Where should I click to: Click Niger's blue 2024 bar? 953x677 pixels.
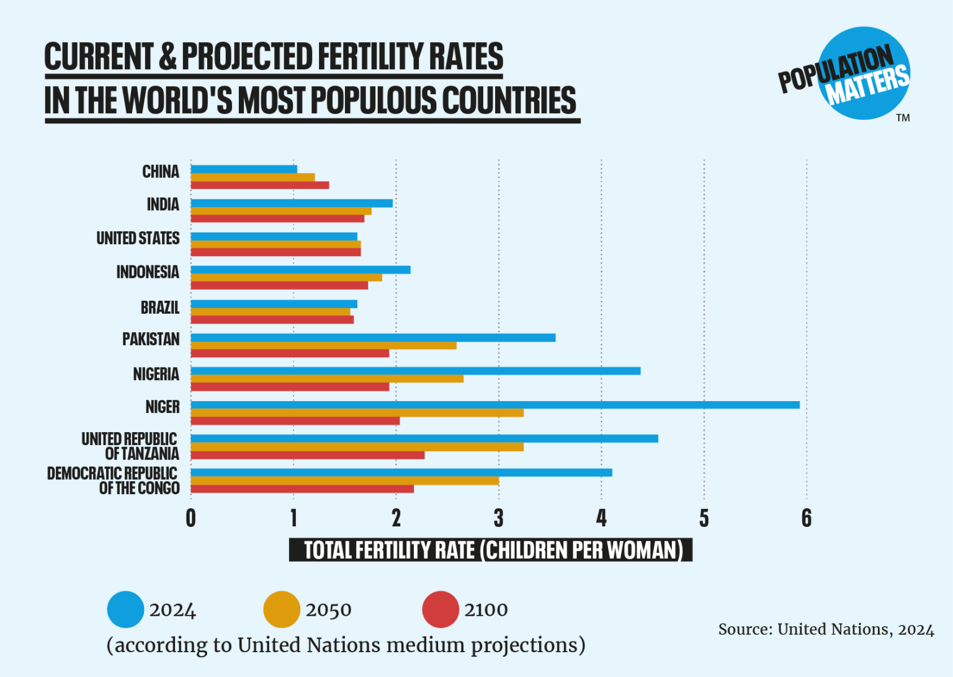[494, 405]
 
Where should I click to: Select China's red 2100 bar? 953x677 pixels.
[259, 185]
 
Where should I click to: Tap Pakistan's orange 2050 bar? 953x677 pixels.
[323, 345]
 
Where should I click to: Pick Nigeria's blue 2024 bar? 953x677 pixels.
[415, 371]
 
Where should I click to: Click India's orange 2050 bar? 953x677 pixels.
[280, 211]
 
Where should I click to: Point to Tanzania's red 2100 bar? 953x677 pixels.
[307, 455]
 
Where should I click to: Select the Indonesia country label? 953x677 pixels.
[148, 272]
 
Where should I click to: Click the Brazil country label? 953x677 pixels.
[159, 308]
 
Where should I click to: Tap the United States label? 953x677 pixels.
[138, 238]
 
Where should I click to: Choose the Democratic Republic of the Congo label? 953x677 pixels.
[113, 480]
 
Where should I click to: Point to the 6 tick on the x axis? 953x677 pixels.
[806, 518]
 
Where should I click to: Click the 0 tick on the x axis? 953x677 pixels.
[190, 518]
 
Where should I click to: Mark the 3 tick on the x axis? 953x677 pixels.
[498, 518]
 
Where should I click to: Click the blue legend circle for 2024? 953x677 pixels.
[125, 609]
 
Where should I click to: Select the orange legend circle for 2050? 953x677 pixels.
[282, 609]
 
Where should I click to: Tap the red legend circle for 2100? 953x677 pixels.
[441, 609]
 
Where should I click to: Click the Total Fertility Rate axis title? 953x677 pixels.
[490, 550]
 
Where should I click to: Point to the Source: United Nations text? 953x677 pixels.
[825, 629]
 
